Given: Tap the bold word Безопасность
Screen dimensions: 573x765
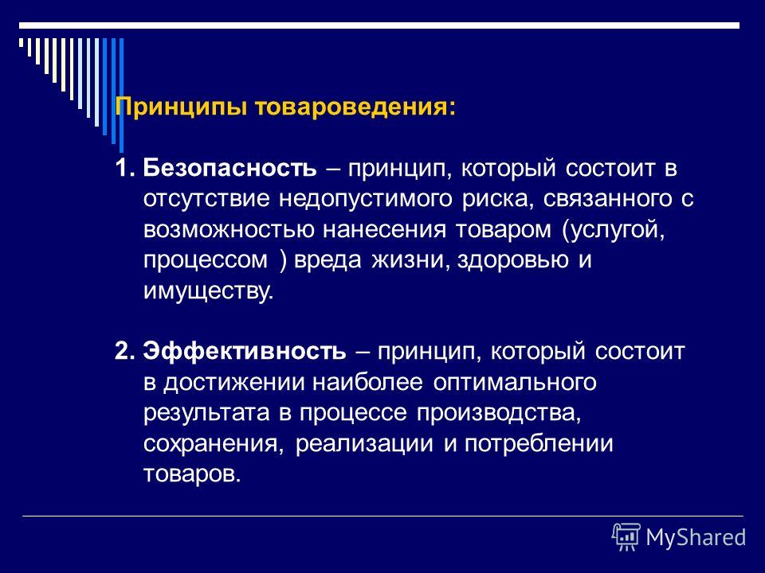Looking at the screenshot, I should [230, 169].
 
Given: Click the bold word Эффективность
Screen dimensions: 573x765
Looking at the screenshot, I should [244, 351].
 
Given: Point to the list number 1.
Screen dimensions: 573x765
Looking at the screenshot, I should [122, 169].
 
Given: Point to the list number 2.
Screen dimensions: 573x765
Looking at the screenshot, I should [122, 351].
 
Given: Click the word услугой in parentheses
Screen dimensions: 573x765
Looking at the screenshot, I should [614, 230].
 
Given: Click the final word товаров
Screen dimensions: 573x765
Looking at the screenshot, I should [190, 474].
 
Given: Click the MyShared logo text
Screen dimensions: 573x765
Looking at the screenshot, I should [696, 537].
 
